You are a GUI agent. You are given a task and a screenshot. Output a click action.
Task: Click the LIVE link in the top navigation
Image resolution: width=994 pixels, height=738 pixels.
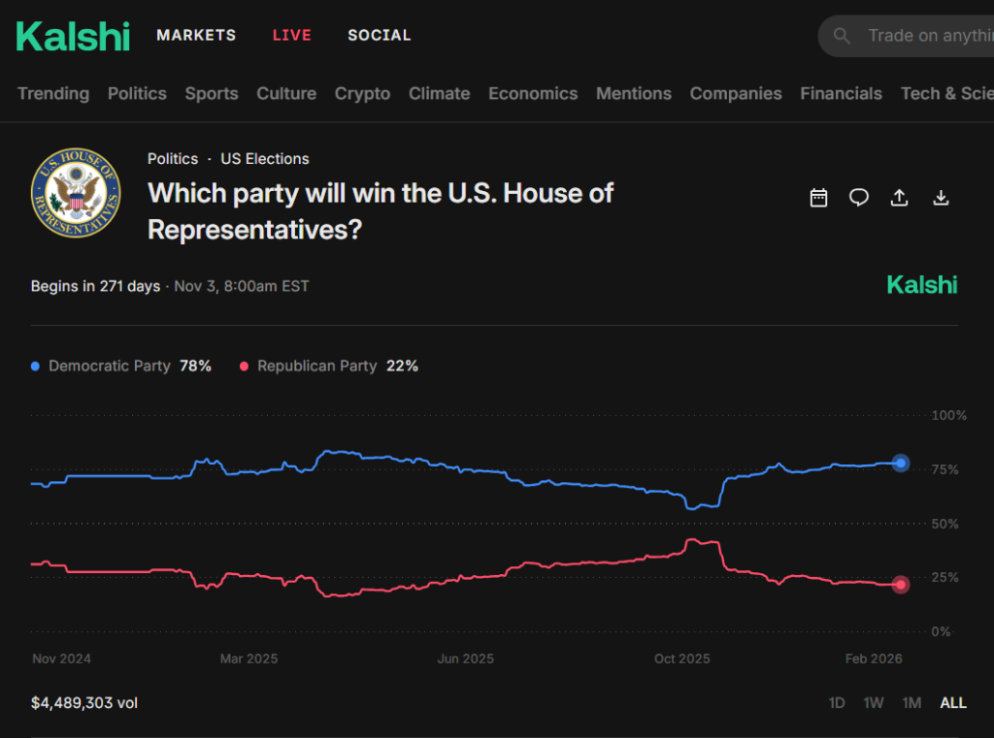291,36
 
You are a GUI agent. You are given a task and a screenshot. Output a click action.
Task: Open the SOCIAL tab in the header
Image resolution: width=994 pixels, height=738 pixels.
380,36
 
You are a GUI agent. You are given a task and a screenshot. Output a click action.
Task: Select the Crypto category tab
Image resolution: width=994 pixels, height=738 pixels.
363,94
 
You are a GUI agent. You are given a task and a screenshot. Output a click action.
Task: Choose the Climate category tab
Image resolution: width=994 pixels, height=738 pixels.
440,94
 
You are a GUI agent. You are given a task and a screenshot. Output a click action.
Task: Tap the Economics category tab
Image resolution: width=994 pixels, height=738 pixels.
533,94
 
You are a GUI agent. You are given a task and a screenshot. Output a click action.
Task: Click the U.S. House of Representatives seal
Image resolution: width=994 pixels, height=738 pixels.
76,193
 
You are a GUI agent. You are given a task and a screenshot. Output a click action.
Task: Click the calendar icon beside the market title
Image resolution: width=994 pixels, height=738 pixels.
818,198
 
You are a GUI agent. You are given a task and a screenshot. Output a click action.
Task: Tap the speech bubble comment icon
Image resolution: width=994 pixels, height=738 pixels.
859,198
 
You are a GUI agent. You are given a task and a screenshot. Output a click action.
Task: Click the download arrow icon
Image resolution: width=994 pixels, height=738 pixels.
941,198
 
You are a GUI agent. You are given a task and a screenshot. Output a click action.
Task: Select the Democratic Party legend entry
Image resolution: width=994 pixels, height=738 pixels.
121,367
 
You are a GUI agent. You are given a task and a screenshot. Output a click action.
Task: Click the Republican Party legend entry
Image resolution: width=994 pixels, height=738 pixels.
329,367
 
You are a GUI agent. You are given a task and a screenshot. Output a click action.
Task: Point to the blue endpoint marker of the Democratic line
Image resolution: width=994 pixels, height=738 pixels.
901,464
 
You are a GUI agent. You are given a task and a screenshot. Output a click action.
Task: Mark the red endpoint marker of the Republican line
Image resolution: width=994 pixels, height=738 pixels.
901,584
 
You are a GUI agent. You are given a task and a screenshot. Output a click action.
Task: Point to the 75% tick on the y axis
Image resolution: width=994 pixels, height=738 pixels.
944,469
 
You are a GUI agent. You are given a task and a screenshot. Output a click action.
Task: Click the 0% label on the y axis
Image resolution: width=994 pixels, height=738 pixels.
941,631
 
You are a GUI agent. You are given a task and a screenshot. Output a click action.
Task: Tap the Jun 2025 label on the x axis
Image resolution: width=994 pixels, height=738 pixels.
465,658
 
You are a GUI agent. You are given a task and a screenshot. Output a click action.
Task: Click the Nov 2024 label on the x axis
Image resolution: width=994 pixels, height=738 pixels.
61,658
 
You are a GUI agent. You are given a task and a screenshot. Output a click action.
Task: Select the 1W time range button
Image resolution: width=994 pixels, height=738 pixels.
874,703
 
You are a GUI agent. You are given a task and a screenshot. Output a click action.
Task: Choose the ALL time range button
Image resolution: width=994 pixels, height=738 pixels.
953,703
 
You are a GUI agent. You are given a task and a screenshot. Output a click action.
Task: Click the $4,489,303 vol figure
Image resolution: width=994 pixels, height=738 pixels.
84,703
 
